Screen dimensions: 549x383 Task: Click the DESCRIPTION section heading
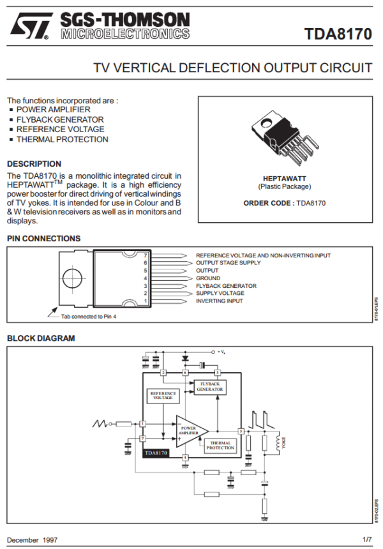coord(34,164)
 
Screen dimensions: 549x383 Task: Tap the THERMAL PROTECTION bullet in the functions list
coord(62,139)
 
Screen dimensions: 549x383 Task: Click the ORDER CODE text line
coord(285,203)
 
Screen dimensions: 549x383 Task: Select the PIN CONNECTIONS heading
coord(43,239)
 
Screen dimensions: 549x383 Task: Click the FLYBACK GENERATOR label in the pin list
coord(226,286)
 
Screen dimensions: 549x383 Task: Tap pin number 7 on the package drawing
coord(146,255)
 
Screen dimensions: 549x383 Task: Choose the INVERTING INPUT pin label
coord(219,301)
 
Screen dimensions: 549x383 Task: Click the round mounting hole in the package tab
coord(73,278)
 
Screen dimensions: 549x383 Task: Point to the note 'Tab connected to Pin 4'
coord(89,316)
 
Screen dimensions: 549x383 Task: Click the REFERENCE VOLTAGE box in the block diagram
coord(163,396)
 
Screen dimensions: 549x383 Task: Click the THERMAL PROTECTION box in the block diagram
coord(220,446)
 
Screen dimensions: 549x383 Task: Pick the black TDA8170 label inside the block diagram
coord(156,453)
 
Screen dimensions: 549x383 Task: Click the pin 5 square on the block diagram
coord(241,431)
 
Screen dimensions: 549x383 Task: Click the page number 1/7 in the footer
coord(366,539)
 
